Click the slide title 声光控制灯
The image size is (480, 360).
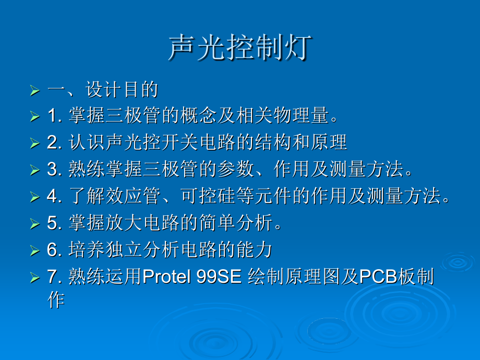pyautogui.click(x=241, y=47)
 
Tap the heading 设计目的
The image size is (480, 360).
pyautogui.click(x=122, y=90)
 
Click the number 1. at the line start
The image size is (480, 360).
pyautogui.click(x=55, y=116)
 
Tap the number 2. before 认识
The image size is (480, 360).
pyautogui.click(x=55, y=142)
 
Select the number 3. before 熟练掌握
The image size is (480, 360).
pyautogui.click(x=55, y=169)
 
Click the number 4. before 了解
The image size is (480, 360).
pyautogui.click(x=55, y=196)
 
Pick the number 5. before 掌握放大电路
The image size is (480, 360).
pyautogui.click(x=55, y=223)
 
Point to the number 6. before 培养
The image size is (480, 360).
pyautogui.click(x=55, y=249)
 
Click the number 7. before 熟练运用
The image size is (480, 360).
pyautogui.click(x=55, y=276)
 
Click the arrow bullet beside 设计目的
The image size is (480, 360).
pyautogui.click(x=35, y=91)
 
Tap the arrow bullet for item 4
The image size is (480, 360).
pyautogui.click(x=35, y=197)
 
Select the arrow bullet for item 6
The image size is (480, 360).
pyautogui.click(x=35, y=250)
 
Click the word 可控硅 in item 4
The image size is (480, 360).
pyautogui.click(x=208, y=196)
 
